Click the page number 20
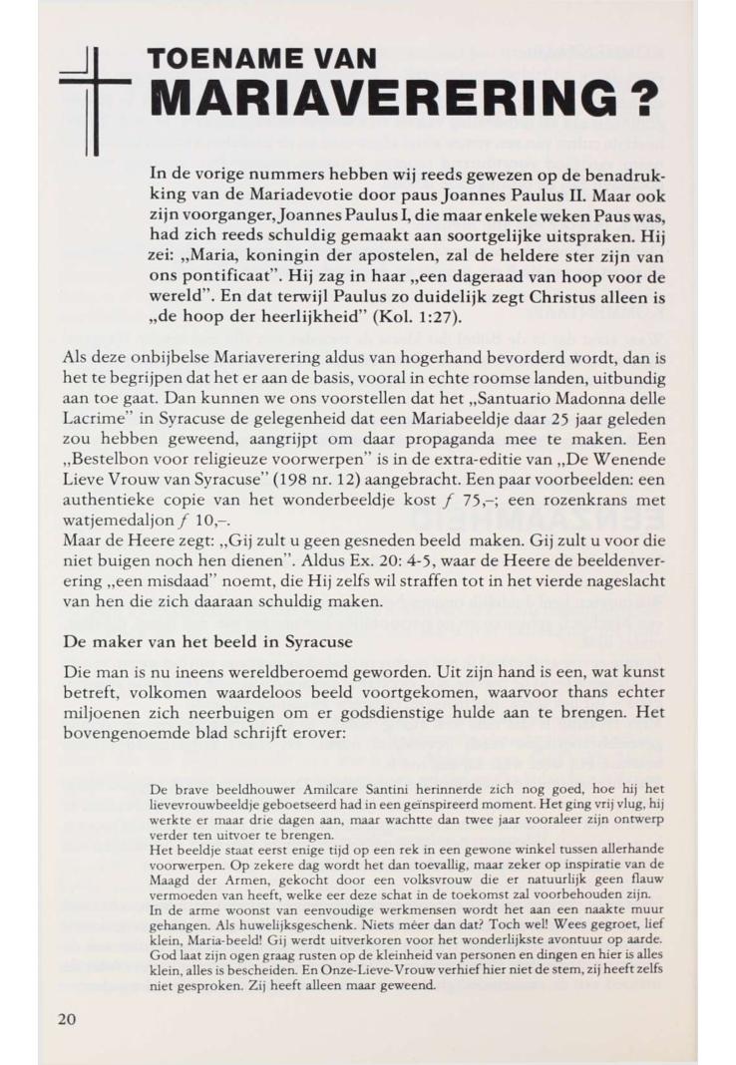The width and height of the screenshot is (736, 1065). point(65,1018)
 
